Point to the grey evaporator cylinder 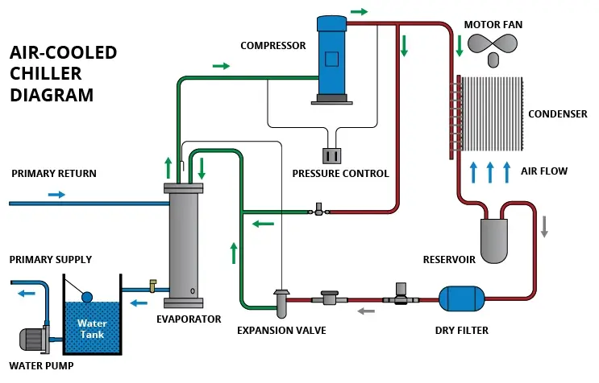click(184, 245)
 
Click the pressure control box click(331, 156)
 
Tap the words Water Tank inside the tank click(92, 329)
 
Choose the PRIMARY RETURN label click(54, 174)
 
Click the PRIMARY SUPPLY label click(50, 260)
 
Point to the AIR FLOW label click(544, 171)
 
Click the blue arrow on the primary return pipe click(56, 194)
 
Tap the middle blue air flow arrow click(490, 172)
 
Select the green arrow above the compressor click(359, 11)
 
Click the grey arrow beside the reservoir click(544, 228)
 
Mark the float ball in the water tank click(88, 296)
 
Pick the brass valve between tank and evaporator click(152, 286)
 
